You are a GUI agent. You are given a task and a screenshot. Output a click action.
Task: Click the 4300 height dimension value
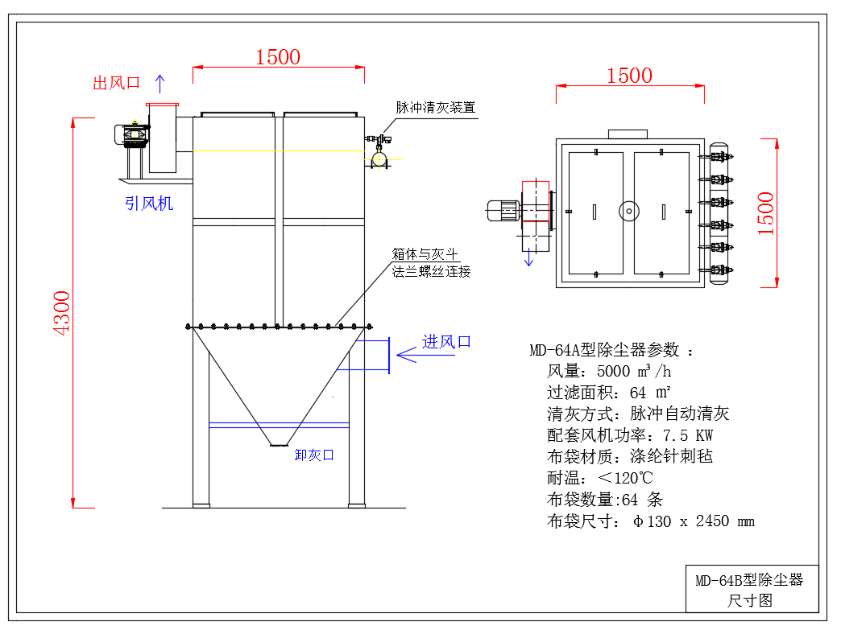(62, 312)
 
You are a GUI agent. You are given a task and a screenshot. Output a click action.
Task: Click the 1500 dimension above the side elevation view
(278, 57)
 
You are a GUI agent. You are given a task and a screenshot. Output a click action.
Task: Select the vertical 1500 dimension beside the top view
(765, 213)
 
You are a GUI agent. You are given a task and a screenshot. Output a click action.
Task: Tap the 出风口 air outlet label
(117, 83)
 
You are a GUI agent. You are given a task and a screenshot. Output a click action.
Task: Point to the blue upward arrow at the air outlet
(159, 82)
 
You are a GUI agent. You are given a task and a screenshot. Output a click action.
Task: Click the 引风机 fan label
(149, 204)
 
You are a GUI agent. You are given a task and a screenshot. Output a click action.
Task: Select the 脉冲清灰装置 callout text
(435, 107)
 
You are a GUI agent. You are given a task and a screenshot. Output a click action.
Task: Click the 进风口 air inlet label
(447, 341)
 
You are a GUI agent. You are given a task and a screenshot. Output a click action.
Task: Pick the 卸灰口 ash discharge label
(314, 455)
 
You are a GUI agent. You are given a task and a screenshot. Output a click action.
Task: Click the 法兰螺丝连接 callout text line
(431, 271)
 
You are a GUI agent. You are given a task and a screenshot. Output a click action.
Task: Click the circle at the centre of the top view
(628, 211)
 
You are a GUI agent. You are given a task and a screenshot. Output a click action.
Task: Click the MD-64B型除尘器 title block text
(749, 580)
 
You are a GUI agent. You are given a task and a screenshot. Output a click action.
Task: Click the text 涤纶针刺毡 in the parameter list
(671, 456)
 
